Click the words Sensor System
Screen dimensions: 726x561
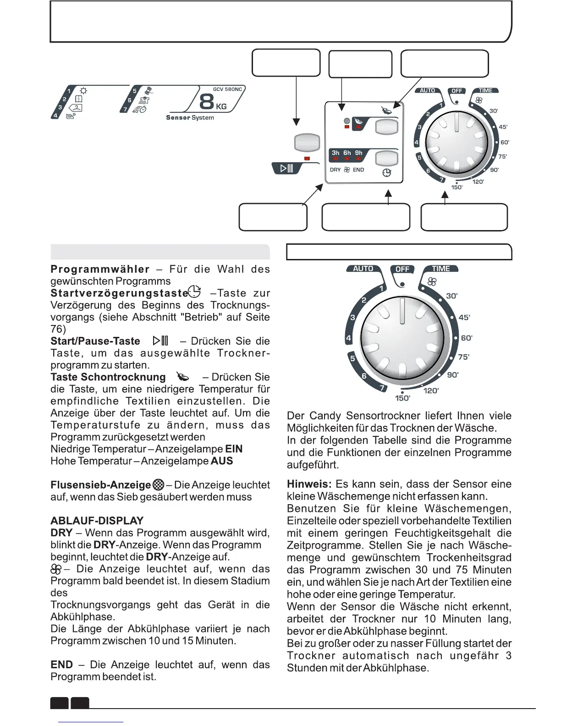click(190, 118)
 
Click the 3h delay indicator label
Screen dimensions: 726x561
click(335, 153)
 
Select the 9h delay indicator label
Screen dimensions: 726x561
click(358, 153)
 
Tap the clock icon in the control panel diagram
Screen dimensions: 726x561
click(387, 173)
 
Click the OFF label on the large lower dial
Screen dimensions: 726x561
click(402, 269)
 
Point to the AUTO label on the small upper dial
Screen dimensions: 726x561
click(427, 91)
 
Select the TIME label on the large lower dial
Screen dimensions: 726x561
click(441, 269)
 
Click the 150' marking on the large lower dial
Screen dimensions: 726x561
click(403, 398)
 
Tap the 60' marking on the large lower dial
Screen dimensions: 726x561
click(467, 338)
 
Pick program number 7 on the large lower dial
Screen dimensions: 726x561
click(381, 389)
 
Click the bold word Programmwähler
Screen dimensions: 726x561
click(100, 269)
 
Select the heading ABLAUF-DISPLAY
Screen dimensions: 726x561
click(97, 521)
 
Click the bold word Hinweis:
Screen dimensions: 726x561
click(309, 484)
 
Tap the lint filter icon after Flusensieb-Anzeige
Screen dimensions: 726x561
click(159, 485)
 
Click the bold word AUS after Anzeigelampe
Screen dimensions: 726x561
click(222, 461)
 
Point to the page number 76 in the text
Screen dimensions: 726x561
click(58, 329)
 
